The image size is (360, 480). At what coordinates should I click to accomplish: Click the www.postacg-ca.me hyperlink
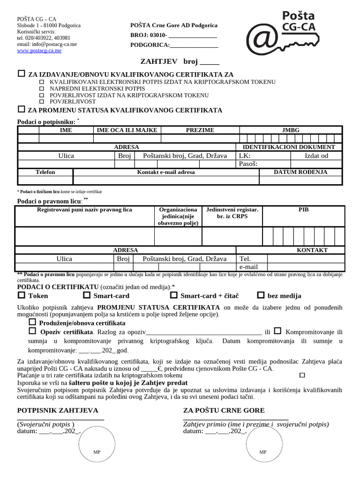(x=39, y=51)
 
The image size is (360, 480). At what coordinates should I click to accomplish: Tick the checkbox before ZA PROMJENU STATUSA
(x=21, y=110)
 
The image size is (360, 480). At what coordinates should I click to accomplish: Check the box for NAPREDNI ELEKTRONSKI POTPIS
(x=42, y=88)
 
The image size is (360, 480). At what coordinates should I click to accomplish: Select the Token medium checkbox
(x=21, y=295)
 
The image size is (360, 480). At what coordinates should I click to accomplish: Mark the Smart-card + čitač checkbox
(x=173, y=295)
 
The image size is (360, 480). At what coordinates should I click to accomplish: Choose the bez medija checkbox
(x=261, y=295)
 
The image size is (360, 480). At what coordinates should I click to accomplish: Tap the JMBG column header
(x=291, y=130)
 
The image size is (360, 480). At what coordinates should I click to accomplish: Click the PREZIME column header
(x=200, y=130)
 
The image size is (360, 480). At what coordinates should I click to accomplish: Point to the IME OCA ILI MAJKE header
(x=127, y=130)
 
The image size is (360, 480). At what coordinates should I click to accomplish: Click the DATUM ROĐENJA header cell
(x=300, y=172)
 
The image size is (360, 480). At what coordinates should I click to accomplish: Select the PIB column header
(x=304, y=210)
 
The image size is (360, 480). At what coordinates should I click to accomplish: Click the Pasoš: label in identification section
(x=248, y=164)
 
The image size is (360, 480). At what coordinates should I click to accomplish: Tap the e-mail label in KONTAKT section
(x=248, y=267)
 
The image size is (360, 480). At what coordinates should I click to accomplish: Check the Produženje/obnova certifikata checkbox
(x=32, y=322)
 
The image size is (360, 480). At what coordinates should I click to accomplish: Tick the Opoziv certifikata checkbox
(x=32, y=331)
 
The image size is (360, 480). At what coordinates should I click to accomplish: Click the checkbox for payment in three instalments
(x=302, y=375)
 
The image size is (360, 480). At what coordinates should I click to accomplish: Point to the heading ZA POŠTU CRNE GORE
(x=224, y=410)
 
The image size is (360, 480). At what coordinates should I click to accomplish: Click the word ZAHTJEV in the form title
(x=159, y=61)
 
